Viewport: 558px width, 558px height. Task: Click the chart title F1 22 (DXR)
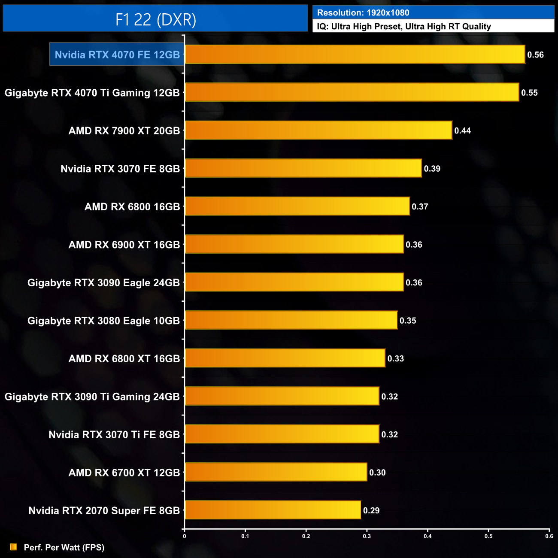(155, 19)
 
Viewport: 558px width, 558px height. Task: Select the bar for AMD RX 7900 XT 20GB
(318, 130)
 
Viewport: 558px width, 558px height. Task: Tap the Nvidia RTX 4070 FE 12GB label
(117, 55)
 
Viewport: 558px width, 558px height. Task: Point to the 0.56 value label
(535, 55)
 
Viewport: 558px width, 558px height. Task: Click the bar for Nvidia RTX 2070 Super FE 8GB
(273, 510)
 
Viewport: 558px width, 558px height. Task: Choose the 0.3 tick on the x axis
(367, 536)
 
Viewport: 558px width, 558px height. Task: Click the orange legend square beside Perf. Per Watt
(14, 547)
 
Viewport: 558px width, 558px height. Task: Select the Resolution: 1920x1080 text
(363, 13)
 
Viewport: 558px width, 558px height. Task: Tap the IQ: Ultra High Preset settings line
(403, 27)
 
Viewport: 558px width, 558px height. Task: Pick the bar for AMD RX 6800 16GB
(297, 206)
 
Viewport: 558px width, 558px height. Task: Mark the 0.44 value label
(462, 130)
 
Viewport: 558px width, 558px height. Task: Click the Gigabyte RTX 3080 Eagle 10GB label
(103, 321)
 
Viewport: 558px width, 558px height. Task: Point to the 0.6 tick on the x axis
(549, 536)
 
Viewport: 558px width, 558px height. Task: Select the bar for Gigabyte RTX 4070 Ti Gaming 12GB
(352, 93)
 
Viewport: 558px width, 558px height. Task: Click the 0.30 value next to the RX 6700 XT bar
(377, 473)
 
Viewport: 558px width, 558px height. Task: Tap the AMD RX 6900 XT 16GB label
(124, 245)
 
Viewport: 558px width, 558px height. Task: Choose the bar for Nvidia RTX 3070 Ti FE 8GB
(282, 434)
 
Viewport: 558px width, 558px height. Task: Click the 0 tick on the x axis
(185, 536)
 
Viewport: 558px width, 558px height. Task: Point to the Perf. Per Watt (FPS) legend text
(64, 547)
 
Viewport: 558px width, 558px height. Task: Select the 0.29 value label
(371, 510)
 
